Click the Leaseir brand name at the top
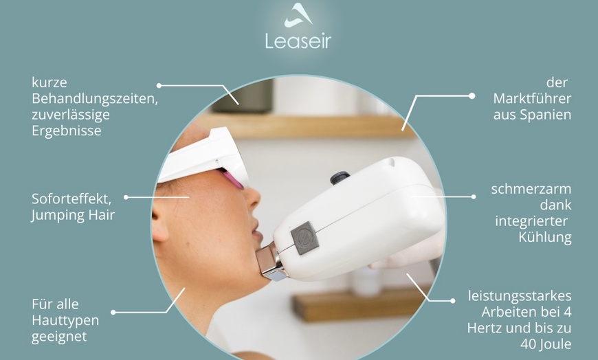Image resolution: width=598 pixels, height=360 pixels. coord(298,41)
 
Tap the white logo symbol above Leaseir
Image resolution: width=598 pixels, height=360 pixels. coord(298,14)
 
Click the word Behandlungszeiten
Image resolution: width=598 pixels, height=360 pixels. coord(95,99)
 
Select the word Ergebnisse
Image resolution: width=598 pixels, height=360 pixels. coord(66,131)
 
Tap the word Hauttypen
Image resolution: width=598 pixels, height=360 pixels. coord(65,320)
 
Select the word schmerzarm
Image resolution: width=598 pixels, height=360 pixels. coord(531,189)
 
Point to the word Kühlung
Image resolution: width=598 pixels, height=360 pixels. coord(544,238)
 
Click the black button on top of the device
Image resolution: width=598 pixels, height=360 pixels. coord(338,178)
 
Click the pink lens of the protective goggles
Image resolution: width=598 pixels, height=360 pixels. coord(233,180)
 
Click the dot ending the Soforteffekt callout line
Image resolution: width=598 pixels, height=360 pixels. coord(126,197)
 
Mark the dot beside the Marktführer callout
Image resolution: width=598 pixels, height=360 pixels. coord(472,96)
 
